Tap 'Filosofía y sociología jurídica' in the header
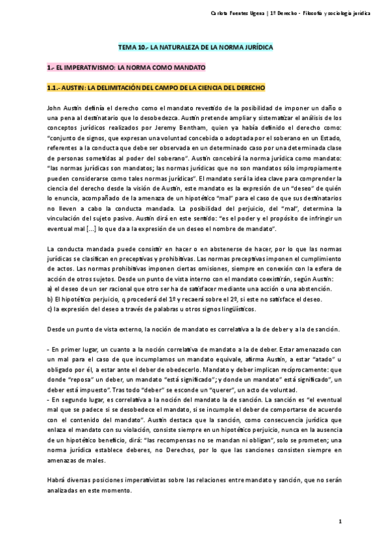(340, 15)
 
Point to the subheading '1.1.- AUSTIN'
(156, 87)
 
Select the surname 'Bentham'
(194, 128)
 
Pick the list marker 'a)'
(51, 289)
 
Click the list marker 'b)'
(51, 299)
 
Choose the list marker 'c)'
(51, 309)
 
